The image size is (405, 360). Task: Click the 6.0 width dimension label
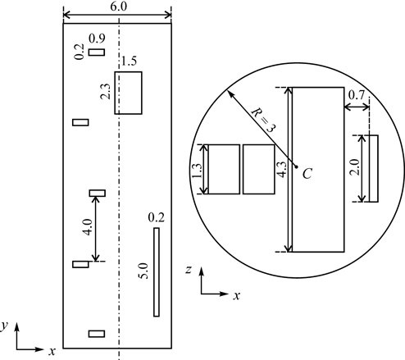119,6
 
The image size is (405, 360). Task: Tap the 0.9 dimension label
97,39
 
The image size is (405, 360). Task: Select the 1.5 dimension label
129,62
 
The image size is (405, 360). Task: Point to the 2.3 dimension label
105,91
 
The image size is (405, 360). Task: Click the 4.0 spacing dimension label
89,227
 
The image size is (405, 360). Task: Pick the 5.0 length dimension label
143,271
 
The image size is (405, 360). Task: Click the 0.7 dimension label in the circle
357,95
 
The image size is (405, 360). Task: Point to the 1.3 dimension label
197,171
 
